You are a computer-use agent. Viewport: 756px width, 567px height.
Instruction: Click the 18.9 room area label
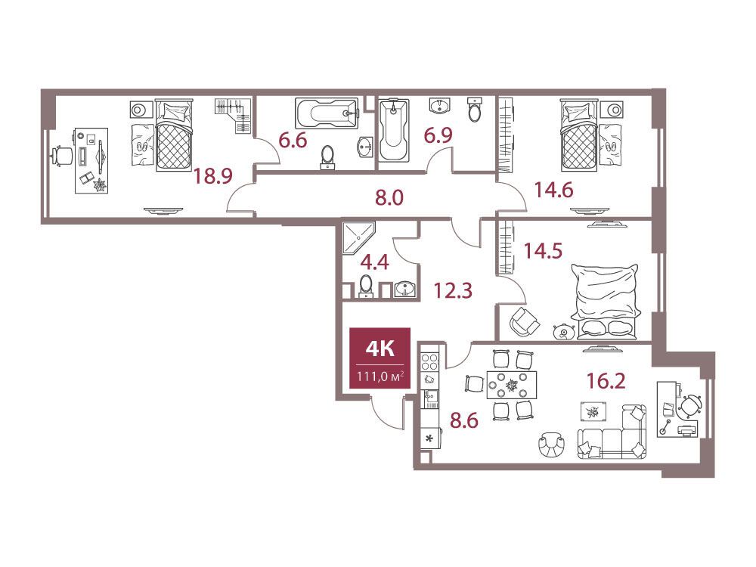(212, 176)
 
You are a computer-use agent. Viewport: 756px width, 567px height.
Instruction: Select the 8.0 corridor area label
(389, 197)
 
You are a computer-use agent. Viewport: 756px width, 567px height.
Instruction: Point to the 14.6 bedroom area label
(553, 190)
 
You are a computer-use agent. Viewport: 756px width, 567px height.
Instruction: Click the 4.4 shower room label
(375, 263)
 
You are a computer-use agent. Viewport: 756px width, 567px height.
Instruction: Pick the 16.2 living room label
(606, 381)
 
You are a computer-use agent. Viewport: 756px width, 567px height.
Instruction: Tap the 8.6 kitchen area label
(464, 420)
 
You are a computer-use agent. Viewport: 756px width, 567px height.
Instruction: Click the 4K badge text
(380, 348)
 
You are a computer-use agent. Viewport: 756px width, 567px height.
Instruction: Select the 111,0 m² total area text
(380, 376)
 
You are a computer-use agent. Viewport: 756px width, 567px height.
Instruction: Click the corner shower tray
(358, 237)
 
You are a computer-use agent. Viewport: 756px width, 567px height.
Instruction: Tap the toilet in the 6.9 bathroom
(475, 108)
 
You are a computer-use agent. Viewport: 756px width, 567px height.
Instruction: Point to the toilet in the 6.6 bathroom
(328, 157)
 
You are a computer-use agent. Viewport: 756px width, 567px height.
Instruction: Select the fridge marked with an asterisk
(429, 439)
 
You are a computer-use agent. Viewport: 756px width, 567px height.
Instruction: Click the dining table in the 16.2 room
(512, 386)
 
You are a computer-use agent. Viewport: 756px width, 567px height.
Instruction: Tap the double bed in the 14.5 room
(606, 299)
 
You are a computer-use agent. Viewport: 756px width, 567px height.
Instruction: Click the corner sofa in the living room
(612, 432)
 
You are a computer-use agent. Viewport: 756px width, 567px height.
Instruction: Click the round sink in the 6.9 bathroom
(439, 106)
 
